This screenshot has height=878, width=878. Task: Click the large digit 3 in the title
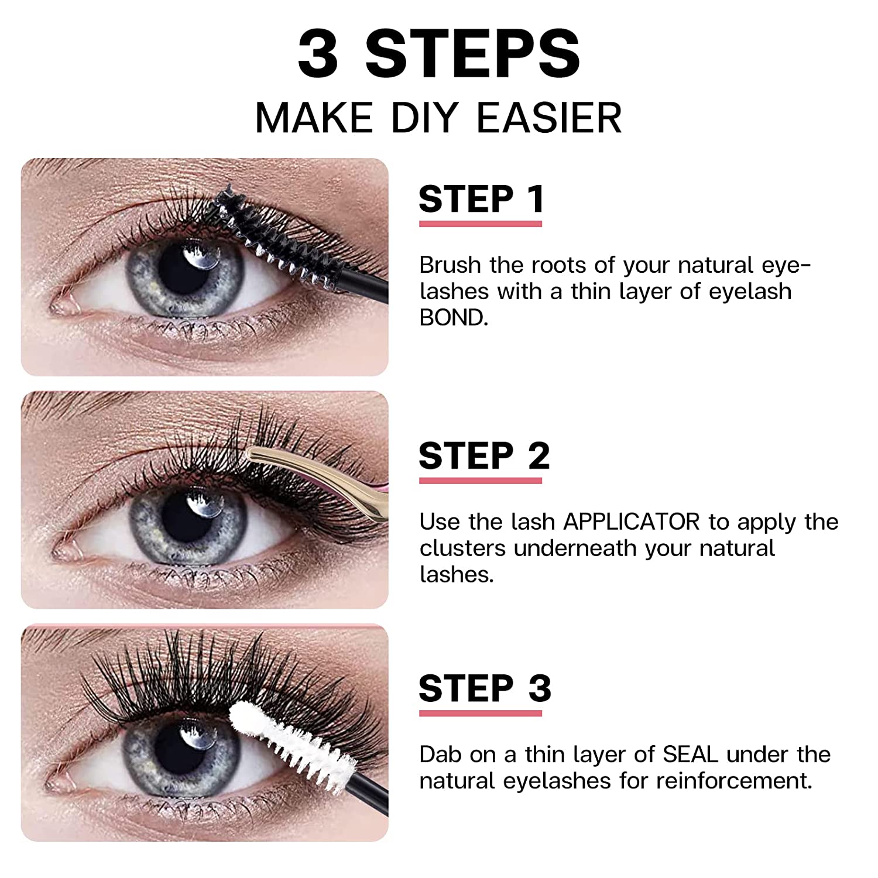(318, 54)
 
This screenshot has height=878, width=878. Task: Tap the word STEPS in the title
(472, 54)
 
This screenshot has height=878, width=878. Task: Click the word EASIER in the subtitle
(549, 118)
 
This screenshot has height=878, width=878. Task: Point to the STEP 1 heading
(482, 199)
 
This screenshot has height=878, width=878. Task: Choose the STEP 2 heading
(484, 456)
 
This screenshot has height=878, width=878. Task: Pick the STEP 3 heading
(485, 688)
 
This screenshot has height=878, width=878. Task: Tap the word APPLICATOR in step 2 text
(631, 522)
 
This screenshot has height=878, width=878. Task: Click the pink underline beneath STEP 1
(481, 224)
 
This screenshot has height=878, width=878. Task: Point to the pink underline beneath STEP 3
(481, 713)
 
